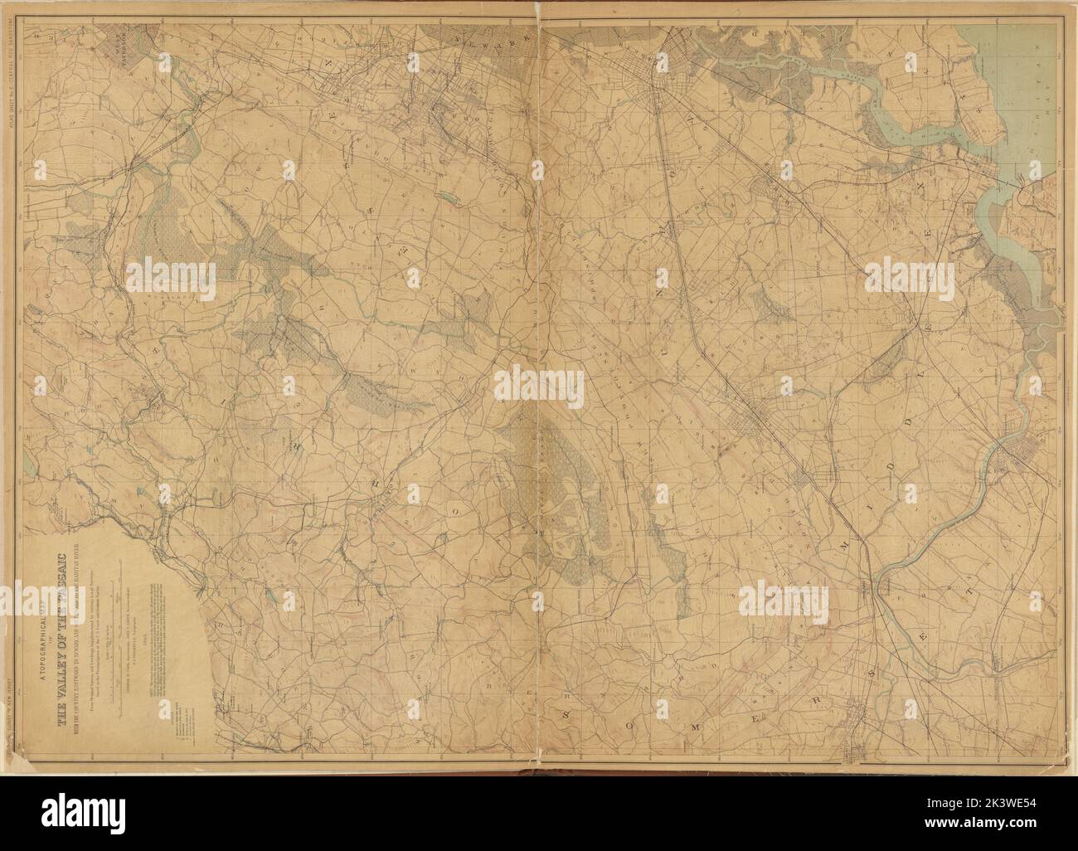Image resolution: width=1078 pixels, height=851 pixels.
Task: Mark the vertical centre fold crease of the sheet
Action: (x=539, y=415)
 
